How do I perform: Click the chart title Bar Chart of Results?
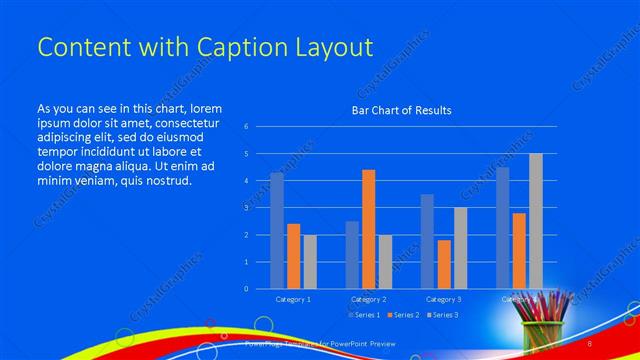(401, 110)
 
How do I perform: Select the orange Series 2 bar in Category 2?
(368, 229)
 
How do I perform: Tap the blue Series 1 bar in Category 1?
(277, 231)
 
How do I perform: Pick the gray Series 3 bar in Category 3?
(460, 248)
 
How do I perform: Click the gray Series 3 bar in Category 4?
(536, 221)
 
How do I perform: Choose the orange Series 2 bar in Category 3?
(444, 264)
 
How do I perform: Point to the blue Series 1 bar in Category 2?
(352, 255)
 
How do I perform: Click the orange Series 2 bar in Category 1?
(293, 256)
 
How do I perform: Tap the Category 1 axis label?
(293, 298)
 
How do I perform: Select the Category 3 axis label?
(443, 298)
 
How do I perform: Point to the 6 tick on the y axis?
(246, 127)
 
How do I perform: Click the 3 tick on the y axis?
(246, 208)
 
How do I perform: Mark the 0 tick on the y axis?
(246, 289)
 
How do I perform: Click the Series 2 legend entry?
(403, 315)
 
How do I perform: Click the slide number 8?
(618, 343)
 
